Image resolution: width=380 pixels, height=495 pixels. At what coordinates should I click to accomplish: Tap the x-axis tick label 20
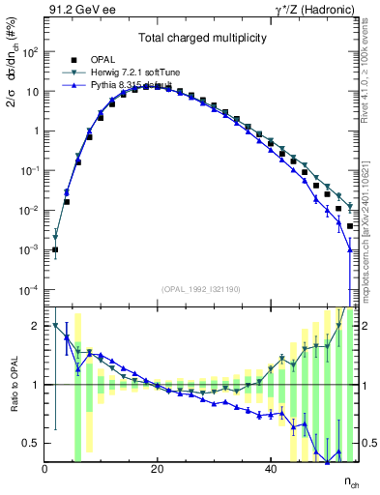[x=157, y=470]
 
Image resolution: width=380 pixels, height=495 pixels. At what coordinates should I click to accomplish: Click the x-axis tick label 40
[x=269, y=470]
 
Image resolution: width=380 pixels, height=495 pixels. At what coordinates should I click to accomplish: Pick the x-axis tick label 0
[x=44, y=470]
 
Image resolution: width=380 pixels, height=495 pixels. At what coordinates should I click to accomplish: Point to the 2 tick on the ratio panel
[x=36, y=326]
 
